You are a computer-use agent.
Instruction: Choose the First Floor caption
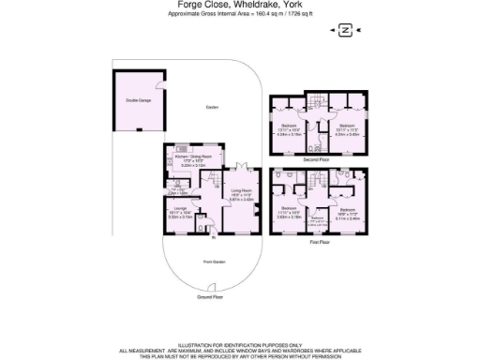point(316,242)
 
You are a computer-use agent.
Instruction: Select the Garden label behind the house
point(212,109)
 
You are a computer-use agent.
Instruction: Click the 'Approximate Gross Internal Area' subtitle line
point(239,14)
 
